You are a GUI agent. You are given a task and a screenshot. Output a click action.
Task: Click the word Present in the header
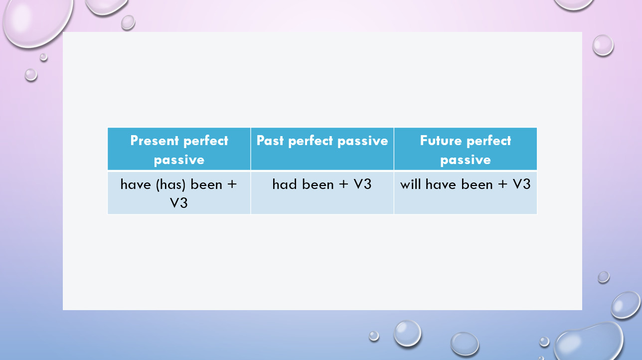(155, 141)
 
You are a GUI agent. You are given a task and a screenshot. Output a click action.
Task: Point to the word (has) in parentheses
(170, 184)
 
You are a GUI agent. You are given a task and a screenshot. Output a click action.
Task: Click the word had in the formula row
(284, 184)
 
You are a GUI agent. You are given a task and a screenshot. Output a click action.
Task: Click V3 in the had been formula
(362, 184)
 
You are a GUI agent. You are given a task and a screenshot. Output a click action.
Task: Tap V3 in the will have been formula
(521, 184)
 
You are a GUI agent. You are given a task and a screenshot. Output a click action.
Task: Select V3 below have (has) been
(178, 203)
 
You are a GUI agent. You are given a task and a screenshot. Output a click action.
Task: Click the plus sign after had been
(343, 184)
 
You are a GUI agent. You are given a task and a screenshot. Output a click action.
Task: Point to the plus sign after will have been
(502, 184)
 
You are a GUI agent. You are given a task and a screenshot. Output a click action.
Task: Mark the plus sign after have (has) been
(232, 184)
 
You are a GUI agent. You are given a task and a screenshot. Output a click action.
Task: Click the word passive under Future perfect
(466, 160)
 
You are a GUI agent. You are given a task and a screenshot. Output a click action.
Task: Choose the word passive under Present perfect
(179, 160)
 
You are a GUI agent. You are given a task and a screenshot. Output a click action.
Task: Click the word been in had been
(318, 184)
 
